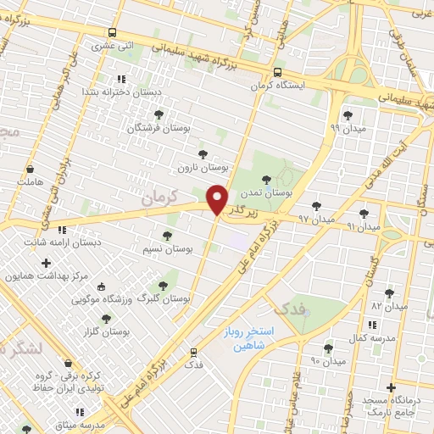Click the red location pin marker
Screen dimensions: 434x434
pyautogui.click(x=218, y=199)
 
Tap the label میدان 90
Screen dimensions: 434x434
pyautogui.click(x=327, y=360)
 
